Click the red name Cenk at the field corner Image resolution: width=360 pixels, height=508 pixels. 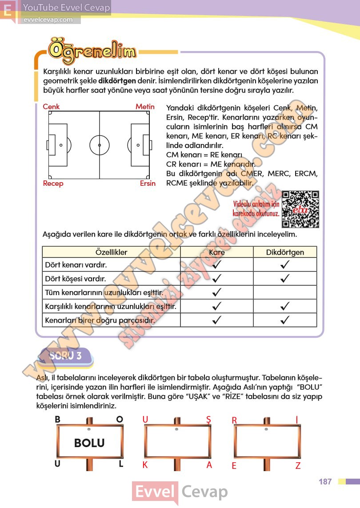[51, 107]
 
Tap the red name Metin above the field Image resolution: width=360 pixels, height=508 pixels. [145, 107]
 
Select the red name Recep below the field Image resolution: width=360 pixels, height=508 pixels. [53, 184]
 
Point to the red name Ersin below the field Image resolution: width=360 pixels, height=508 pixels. [148, 184]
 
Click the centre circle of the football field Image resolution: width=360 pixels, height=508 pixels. [99, 145]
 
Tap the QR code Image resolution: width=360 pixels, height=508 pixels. [300, 209]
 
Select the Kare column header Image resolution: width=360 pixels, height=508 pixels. [217, 252]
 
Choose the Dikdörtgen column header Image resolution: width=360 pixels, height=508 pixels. [285, 252]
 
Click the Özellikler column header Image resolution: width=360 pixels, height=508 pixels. [111, 252]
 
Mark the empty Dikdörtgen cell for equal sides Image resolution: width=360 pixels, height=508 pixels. [285, 293]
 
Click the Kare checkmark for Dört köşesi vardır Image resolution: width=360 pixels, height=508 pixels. [217, 279]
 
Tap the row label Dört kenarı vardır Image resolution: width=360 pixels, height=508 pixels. [76, 265]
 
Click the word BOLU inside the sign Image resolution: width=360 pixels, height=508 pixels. [89, 443]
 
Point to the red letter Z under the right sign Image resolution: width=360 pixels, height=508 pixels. [298, 466]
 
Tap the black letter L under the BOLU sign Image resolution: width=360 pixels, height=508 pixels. [120, 464]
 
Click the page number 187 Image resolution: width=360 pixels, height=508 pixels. [325, 482]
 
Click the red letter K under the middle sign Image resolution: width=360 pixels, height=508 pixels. [145, 465]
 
